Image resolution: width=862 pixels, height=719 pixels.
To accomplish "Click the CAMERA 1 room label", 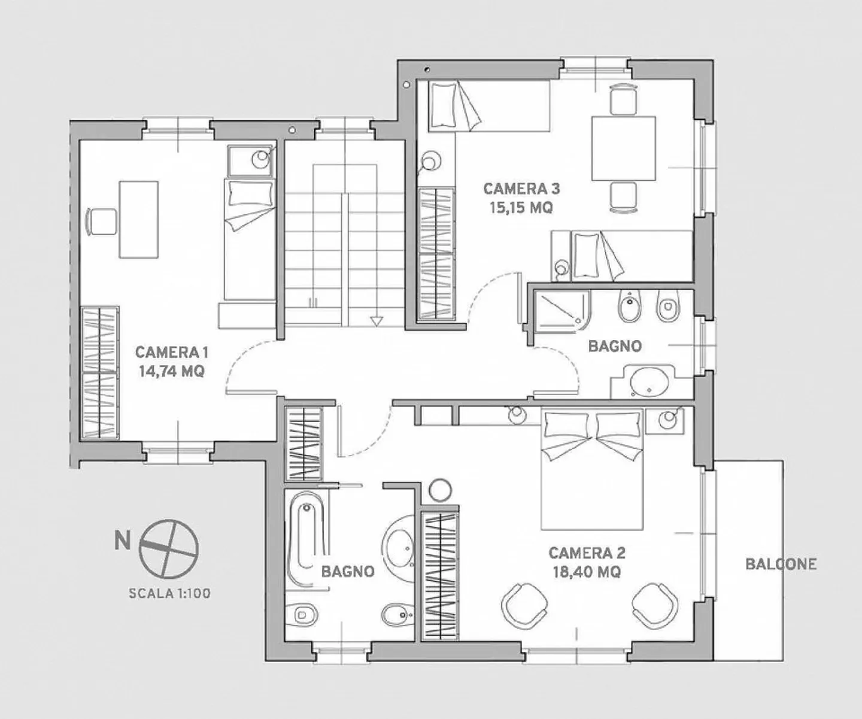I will click(172, 352).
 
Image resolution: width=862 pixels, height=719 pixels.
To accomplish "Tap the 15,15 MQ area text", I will click(521, 208).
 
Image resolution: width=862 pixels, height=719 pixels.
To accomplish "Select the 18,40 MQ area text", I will click(586, 572).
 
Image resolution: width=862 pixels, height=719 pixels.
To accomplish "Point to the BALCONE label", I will click(781, 564).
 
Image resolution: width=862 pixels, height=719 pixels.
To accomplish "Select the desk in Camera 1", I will click(139, 220).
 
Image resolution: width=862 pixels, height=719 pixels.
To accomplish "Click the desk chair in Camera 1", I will click(101, 221).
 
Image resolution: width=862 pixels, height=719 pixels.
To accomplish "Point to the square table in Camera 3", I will click(623, 148).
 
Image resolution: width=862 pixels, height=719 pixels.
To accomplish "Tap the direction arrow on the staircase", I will click(376, 321).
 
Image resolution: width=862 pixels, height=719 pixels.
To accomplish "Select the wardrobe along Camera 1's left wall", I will click(100, 372).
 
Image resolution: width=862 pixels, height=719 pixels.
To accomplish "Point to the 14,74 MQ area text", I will click(172, 371).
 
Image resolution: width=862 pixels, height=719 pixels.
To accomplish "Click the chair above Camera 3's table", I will click(623, 99).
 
